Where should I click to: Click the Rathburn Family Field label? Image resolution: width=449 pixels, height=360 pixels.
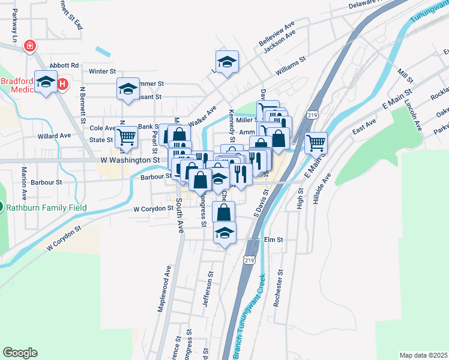47,208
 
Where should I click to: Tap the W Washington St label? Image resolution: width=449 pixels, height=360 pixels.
130,160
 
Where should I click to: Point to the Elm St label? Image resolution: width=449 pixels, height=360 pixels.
273,239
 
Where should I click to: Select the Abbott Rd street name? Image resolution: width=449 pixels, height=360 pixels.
65,65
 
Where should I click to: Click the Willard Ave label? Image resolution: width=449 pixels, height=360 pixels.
54,136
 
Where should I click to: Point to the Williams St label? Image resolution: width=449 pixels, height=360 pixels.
291,66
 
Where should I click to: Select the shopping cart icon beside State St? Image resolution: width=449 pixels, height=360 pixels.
127,137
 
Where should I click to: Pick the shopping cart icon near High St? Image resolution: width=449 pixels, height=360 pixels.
316,143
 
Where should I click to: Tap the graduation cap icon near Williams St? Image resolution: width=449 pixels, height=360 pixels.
227,62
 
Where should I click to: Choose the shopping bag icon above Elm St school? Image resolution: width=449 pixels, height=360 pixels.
223,212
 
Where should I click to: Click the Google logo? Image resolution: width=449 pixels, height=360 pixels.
20,353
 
